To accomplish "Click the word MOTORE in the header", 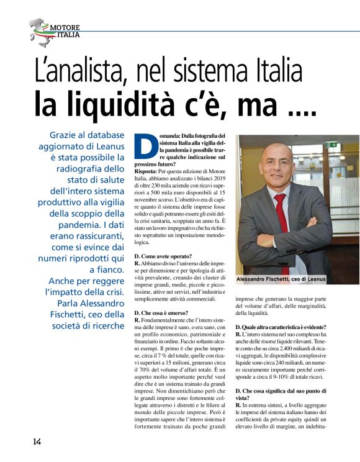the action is tap(64, 28).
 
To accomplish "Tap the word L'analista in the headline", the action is tap(78, 72).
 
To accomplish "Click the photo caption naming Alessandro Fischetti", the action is tap(281, 279).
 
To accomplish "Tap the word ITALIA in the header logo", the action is tap(68, 35).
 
